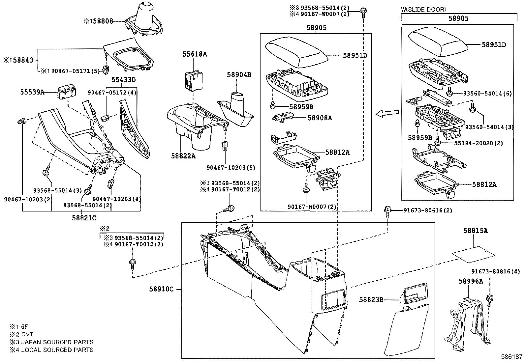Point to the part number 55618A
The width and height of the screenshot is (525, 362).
click(x=195, y=54)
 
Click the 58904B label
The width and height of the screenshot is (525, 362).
click(x=239, y=75)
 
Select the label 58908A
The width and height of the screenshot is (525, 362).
click(x=320, y=118)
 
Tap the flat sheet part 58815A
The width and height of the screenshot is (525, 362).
click(x=474, y=253)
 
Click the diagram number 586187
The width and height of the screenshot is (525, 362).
click(x=512, y=357)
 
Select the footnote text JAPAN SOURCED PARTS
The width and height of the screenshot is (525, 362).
click(x=57, y=342)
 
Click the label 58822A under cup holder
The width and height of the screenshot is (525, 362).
click(x=183, y=156)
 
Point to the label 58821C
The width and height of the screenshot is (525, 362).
click(x=84, y=218)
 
